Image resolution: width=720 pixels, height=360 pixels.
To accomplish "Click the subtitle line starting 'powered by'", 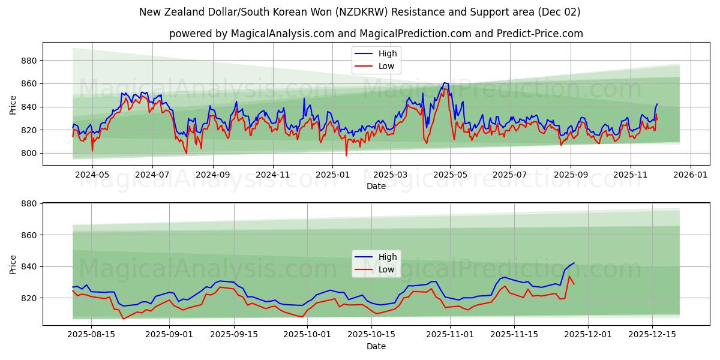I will pos(376,34).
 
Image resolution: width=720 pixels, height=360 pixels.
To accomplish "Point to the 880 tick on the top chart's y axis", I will pos(29,61).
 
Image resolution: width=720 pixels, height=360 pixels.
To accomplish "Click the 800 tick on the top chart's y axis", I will pos(29,153).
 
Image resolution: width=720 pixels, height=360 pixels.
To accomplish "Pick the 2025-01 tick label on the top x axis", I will pos(332,175).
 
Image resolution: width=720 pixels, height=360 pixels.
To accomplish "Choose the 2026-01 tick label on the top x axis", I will pos(690,175).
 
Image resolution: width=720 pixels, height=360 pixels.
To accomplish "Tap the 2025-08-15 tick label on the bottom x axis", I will pos(91,335).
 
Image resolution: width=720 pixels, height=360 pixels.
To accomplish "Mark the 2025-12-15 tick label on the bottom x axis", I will pos(652,335).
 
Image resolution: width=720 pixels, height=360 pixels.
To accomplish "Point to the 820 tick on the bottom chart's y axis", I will pos(29,298).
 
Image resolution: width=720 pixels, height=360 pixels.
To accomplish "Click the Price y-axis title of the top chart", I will pos(13,104).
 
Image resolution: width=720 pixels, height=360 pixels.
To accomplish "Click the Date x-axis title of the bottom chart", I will pos(376,346).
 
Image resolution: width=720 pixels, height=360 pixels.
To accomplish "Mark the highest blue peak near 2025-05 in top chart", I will pos(444,83).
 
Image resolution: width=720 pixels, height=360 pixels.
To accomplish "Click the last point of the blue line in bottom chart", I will pos(574,263).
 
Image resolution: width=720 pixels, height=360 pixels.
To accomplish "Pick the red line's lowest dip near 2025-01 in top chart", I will pos(346,155).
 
